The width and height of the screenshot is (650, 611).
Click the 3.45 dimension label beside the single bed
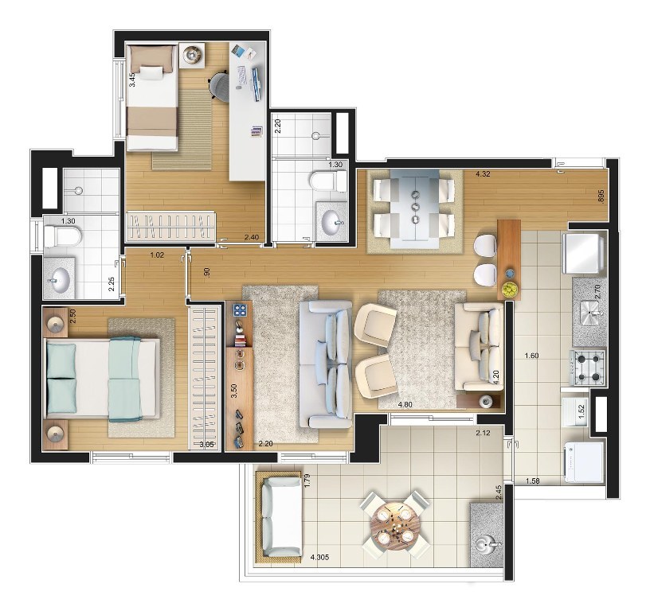click(x=131, y=80)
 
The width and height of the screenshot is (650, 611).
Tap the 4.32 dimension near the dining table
click(x=483, y=174)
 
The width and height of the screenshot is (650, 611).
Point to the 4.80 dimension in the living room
click(x=405, y=404)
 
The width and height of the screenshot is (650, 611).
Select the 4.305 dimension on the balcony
click(x=319, y=557)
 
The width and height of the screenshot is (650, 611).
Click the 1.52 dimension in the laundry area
click(x=581, y=411)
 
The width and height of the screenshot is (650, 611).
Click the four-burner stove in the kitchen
click(x=587, y=368)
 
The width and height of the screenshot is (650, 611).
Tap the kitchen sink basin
click(x=590, y=309)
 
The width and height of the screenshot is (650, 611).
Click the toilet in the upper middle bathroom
click(x=327, y=181)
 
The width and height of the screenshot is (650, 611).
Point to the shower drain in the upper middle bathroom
click(x=316, y=135)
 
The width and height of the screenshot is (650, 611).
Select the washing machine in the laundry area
click(x=583, y=462)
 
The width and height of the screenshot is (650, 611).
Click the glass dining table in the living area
click(x=415, y=208)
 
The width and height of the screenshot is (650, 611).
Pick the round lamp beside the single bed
click(x=191, y=55)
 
